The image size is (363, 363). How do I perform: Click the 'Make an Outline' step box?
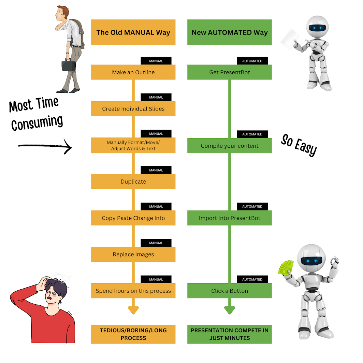tap(133, 72)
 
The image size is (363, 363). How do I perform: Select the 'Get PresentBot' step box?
tap(229, 72)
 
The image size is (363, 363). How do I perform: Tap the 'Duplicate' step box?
tap(133, 181)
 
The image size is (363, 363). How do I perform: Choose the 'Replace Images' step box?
tap(133, 255)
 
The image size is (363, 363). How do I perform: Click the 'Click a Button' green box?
tap(229, 291)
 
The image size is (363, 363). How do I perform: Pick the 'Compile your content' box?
tap(229, 146)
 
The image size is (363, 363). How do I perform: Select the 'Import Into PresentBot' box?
tap(229, 218)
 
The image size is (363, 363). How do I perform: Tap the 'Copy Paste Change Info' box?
tap(133, 218)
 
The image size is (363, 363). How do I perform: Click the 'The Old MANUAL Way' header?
tap(133, 32)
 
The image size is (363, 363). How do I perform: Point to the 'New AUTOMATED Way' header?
tap(229, 32)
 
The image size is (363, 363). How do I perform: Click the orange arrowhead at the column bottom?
tap(133, 310)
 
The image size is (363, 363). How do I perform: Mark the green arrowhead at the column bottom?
tap(230, 310)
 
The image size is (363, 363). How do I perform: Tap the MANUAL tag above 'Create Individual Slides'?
tap(156, 97)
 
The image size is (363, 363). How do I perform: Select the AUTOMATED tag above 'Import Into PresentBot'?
tap(252, 206)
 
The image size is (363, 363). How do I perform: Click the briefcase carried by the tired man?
tap(68, 65)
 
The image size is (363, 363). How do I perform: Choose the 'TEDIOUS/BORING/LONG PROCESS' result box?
tap(133, 334)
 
